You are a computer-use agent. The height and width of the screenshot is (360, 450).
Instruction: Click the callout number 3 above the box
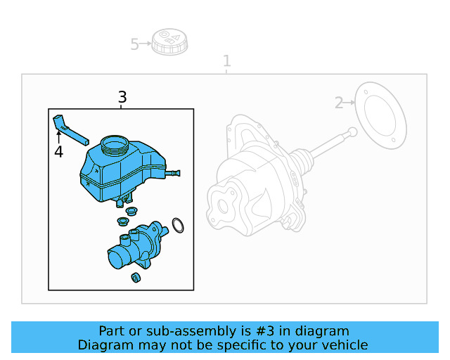coord(122,97)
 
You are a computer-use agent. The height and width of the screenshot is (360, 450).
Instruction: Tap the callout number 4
coord(58,152)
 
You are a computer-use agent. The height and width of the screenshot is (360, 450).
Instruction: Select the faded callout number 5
coord(135,45)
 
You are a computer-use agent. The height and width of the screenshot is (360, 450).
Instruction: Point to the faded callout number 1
coord(226,61)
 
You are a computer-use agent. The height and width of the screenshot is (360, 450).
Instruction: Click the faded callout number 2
coord(339,103)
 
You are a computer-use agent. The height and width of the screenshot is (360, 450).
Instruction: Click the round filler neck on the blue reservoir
coord(115,146)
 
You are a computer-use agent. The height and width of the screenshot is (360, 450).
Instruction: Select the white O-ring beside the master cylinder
coord(179,225)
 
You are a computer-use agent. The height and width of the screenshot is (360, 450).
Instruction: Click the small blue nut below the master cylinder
coord(136,278)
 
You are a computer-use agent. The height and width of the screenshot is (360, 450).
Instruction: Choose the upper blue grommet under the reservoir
coord(130,210)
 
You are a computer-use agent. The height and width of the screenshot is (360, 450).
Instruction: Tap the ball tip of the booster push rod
coord(352,131)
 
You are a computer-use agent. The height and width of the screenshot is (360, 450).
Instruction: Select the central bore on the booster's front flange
coord(224,207)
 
